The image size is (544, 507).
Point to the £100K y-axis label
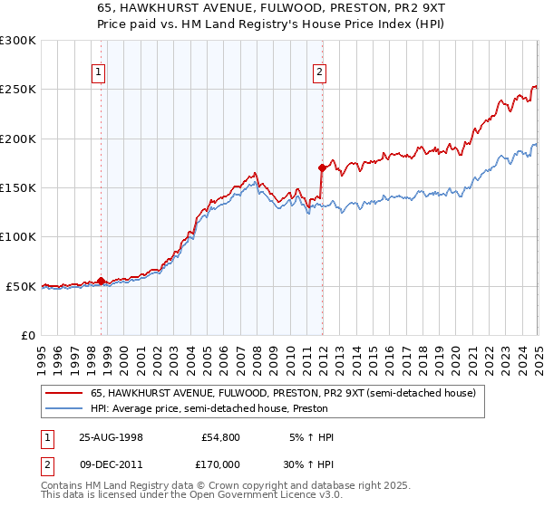18,237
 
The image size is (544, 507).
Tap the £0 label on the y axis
27,335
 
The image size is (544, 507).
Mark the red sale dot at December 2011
322,167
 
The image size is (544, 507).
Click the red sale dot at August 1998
101,281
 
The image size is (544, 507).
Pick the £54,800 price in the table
218,437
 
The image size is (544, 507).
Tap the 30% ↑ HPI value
309,464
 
